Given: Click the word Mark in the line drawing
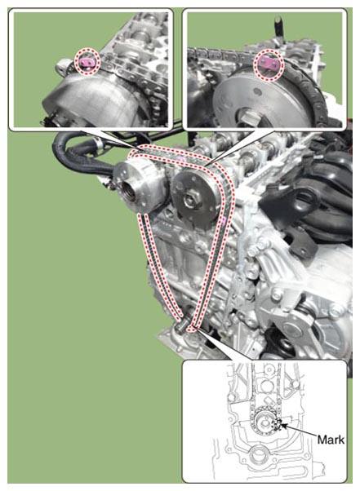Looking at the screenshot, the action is [331, 440].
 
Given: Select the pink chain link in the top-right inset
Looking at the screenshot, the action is [269, 64].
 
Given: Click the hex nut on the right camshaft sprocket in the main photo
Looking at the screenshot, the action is [190, 199].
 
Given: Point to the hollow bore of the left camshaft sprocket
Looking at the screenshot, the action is [129, 192].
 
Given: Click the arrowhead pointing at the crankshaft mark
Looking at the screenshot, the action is [283, 426].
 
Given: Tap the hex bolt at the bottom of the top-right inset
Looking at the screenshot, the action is [248, 118].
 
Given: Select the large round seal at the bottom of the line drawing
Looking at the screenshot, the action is [258, 456].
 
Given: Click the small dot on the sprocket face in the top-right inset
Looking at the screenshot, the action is [257, 91].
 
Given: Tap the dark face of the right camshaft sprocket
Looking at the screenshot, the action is [193, 197].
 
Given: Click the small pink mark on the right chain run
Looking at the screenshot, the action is [223, 220].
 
